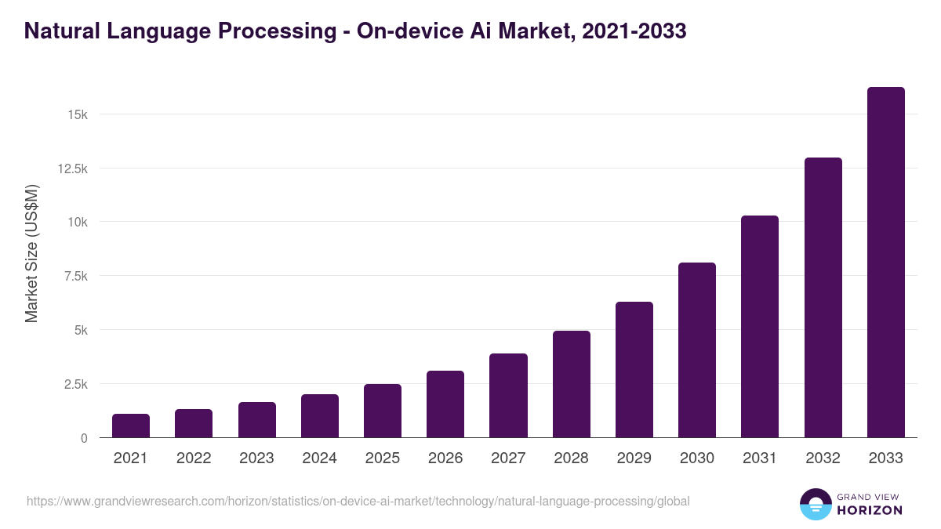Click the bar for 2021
point(131,426)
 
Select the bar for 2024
point(320,416)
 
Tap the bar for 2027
point(508,396)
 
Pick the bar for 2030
point(697,350)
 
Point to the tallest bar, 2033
point(885,263)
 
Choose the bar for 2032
point(823,298)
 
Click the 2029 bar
point(634,370)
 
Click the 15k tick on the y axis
point(77,115)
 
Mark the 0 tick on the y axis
point(83,439)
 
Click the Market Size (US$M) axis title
point(32,253)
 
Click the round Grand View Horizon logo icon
point(815,505)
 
